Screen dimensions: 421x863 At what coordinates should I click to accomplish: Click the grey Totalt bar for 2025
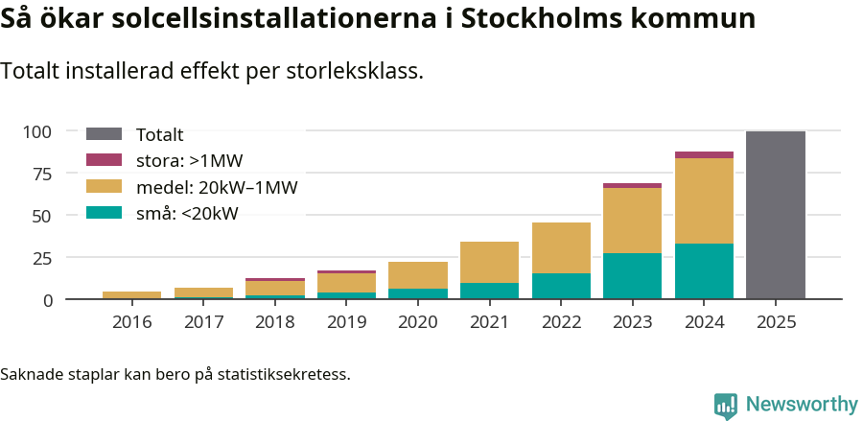[775, 216]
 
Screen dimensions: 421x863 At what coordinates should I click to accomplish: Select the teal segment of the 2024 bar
[704, 271]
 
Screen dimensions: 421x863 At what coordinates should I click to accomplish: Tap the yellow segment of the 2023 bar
[632, 221]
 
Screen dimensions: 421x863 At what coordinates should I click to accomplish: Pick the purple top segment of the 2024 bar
[704, 154]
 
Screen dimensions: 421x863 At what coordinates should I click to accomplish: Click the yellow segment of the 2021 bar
[489, 262]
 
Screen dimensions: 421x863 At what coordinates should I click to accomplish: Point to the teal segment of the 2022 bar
[561, 286]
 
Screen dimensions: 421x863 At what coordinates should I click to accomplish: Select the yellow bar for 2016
[131, 295]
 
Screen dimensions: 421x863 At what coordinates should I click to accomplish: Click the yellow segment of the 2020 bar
[417, 275]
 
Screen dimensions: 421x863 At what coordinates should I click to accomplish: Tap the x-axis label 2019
[346, 321]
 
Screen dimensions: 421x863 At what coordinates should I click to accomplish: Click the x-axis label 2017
[203, 321]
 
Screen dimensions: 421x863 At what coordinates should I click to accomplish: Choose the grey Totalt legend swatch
[104, 134]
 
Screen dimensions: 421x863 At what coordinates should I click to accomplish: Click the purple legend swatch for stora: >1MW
[104, 160]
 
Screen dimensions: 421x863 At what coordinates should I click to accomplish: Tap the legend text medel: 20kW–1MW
[217, 187]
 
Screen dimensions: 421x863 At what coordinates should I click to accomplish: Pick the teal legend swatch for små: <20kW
[104, 213]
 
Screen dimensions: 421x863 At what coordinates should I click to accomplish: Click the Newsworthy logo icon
[726, 405]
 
